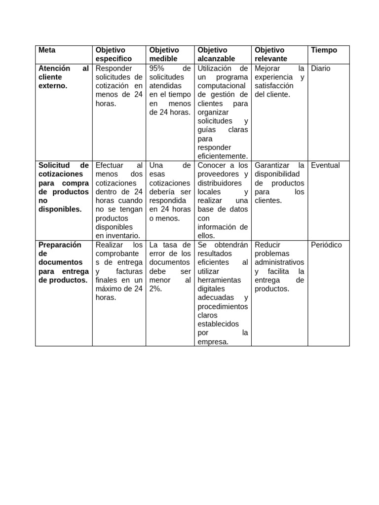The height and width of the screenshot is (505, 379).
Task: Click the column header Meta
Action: click(47, 50)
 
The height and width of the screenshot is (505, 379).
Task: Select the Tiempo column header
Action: click(324, 50)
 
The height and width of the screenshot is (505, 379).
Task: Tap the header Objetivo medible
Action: click(164, 54)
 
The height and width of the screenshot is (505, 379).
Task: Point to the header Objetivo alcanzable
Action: click(216, 54)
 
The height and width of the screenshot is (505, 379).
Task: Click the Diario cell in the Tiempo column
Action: click(321, 69)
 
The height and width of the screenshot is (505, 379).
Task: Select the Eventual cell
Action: click(325, 166)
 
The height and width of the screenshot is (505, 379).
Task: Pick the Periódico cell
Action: click(326, 245)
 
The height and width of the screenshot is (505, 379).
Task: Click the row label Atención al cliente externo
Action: click(63, 77)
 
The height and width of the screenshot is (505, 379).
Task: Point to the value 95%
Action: click(157, 69)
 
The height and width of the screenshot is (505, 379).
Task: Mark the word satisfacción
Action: click(274, 86)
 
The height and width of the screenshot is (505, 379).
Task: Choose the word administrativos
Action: click(279, 262)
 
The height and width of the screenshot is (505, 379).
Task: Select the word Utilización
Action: click(216, 69)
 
